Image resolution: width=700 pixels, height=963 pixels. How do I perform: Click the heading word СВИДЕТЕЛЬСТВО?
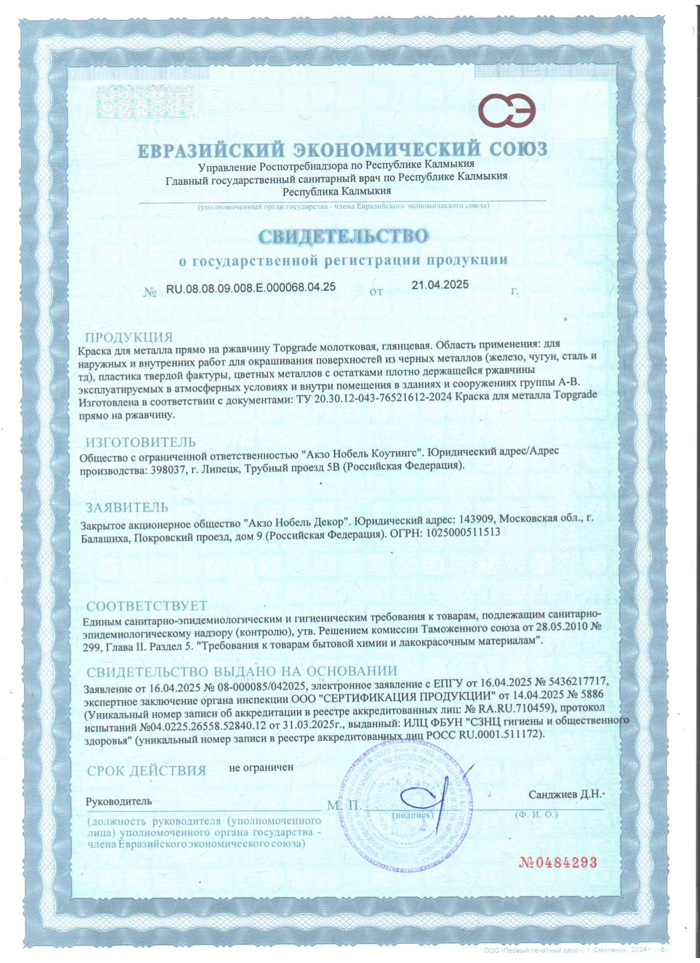pyautogui.click(x=343, y=236)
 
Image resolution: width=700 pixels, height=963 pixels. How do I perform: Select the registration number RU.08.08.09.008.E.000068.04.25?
pyautogui.click(x=251, y=287)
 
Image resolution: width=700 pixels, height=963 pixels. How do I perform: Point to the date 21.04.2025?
pyautogui.click(x=440, y=284)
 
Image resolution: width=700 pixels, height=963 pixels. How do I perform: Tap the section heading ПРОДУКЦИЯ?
pyautogui.click(x=128, y=337)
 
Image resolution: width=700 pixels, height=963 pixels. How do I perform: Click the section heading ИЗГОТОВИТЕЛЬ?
pyautogui.click(x=141, y=442)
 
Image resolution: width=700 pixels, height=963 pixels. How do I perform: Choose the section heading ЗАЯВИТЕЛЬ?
pyautogui.click(x=127, y=506)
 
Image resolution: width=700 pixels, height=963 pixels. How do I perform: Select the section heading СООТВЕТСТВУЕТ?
pyautogui.click(x=147, y=606)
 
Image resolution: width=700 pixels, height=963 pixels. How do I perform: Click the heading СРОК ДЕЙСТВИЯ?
pyautogui.click(x=146, y=771)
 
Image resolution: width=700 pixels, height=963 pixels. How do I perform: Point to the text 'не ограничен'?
pyautogui.click(x=261, y=767)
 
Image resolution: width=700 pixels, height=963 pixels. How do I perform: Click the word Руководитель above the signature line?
pyautogui.click(x=119, y=801)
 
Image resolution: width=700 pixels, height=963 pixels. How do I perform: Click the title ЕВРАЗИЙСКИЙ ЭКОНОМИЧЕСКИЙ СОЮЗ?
pyautogui.click(x=342, y=149)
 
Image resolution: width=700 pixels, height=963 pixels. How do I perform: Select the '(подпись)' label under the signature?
pyautogui.click(x=413, y=815)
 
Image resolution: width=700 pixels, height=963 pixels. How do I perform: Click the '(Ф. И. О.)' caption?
pyautogui.click(x=536, y=814)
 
